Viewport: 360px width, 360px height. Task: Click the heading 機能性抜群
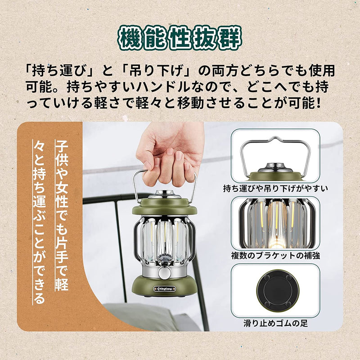[180, 38]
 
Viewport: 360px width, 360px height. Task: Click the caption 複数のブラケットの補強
[275, 256]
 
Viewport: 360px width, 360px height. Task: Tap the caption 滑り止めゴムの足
[275, 323]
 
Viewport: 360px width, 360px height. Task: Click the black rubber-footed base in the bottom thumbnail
[275, 290]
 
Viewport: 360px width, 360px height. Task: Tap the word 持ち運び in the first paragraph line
[58, 71]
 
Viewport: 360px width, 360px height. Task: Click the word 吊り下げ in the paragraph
[155, 71]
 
